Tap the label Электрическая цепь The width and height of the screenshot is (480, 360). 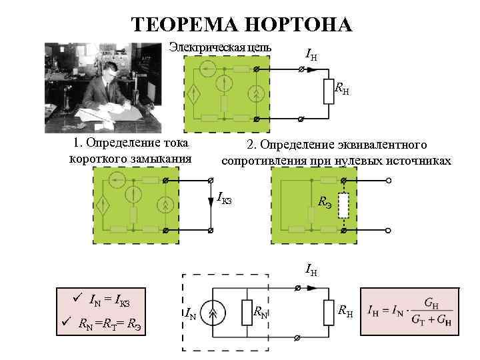click(220, 47)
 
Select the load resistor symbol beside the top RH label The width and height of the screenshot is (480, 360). click(327, 92)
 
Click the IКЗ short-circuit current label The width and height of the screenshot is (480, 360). click(224, 198)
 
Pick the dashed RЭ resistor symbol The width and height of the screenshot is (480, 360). click(343, 207)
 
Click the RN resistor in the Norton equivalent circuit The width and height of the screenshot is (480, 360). click(247, 311)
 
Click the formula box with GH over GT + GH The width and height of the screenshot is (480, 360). click(409, 311)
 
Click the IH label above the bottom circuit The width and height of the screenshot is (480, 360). click(311, 270)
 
